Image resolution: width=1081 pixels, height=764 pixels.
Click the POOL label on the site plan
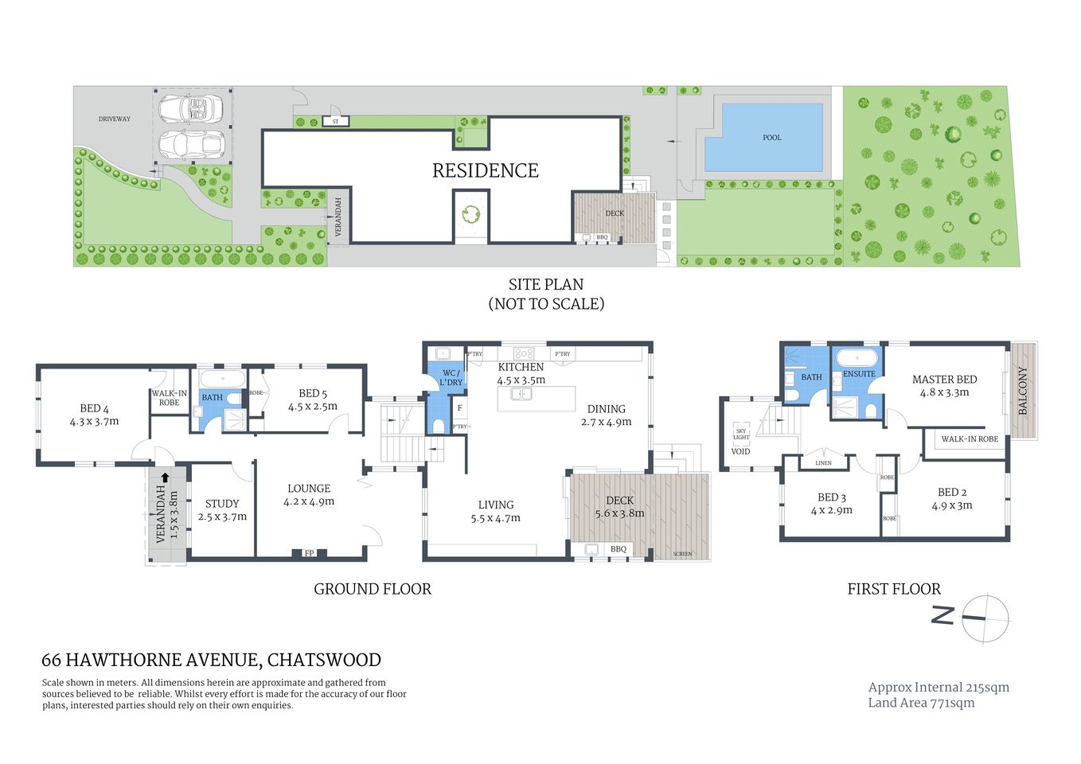click(x=771, y=138)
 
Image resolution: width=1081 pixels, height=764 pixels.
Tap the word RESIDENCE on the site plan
click(x=485, y=171)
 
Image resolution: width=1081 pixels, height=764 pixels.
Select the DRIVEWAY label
click(x=114, y=119)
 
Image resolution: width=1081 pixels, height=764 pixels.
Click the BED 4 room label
click(x=94, y=408)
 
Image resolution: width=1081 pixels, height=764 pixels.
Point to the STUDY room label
click(x=222, y=504)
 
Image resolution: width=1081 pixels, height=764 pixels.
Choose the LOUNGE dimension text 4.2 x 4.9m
click(x=309, y=501)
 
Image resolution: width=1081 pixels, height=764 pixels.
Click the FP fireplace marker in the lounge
click(x=309, y=553)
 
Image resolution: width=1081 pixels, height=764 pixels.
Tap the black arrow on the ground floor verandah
click(x=164, y=478)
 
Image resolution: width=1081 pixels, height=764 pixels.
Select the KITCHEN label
click(x=521, y=367)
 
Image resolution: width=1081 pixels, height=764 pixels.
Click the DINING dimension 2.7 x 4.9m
click(x=606, y=422)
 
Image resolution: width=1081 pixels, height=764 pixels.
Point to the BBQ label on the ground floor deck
click(x=619, y=549)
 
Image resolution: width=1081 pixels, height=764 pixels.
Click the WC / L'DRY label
click(x=451, y=377)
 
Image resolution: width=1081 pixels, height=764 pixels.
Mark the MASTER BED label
click(x=944, y=380)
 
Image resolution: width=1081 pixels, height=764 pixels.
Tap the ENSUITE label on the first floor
click(x=859, y=374)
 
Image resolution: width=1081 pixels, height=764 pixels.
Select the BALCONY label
click(x=1023, y=391)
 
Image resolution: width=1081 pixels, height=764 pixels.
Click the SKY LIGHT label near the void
click(x=741, y=435)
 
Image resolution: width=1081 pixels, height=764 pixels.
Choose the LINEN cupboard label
click(x=823, y=462)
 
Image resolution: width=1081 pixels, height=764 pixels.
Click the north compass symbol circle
click(x=985, y=618)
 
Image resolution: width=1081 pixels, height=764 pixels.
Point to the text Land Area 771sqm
click(x=921, y=703)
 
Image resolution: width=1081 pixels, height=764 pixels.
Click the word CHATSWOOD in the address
click(x=324, y=660)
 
